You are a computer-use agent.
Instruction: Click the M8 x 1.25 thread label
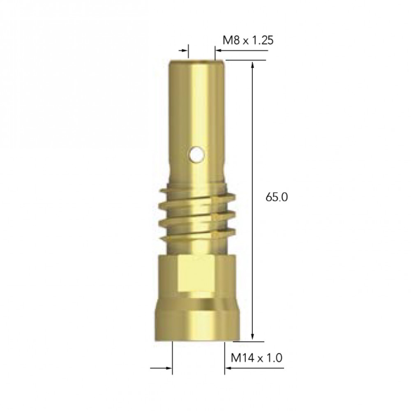[248, 40]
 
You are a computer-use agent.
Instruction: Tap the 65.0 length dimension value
[277, 197]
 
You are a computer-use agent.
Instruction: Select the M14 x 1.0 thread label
[256, 358]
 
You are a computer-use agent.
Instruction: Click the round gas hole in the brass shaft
[196, 155]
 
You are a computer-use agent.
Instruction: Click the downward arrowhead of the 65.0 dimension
[252, 336]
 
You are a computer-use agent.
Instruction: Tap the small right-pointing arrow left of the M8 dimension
[183, 50]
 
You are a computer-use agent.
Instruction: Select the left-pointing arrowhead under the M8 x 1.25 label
[218, 50]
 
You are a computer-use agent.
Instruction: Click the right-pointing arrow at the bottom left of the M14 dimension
[161, 368]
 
